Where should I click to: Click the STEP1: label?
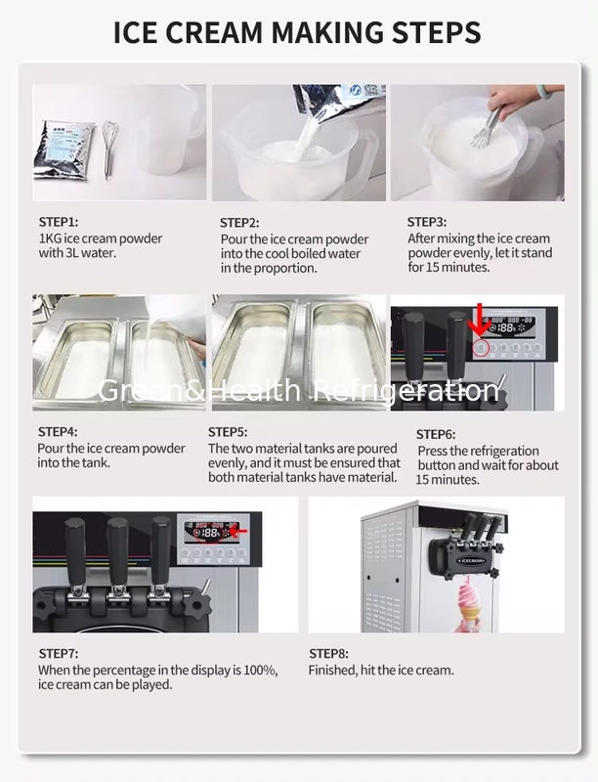click(x=59, y=222)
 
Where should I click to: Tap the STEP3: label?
click(x=427, y=222)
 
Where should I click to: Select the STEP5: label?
click(x=228, y=432)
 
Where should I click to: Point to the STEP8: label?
click(x=328, y=653)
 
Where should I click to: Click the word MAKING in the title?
click(x=327, y=32)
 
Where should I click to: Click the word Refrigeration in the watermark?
click(x=406, y=390)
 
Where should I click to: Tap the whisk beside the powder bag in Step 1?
click(x=109, y=150)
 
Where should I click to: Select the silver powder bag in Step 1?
click(x=64, y=150)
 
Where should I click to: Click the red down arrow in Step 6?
click(x=480, y=320)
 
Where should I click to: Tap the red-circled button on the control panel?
click(x=481, y=348)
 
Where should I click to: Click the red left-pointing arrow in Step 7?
click(x=238, y=532)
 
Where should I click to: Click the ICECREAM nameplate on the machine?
click(x=470, y=560)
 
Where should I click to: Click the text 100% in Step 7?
click(x=260, y=670)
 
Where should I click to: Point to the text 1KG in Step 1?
click(x=51, y=239)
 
